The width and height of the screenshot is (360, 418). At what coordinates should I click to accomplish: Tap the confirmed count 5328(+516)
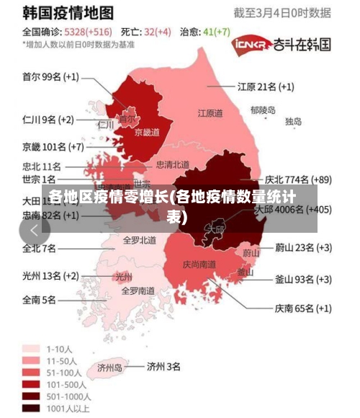[x=88, y=32]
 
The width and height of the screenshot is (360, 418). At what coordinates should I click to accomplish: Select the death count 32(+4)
[x=157, y=32]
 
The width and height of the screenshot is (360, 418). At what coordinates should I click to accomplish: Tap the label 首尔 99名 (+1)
[x=50, y=76]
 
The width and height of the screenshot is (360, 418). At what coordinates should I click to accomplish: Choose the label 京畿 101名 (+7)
[x=53, y=147]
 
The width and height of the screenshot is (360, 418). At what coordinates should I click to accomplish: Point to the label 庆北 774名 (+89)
[x=298, y=179]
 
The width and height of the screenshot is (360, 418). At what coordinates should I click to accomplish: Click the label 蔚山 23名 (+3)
[x=303, y=247]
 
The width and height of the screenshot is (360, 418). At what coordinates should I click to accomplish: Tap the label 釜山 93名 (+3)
[x=303, y=279]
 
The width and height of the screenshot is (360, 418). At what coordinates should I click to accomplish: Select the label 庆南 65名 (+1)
[x=302, y=308]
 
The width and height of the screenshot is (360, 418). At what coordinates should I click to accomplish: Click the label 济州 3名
[x=163, y=366]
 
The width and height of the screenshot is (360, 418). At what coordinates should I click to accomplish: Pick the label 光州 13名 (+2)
[x=50, y=275]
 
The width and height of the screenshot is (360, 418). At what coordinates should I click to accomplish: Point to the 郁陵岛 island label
[x=263, y=110]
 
